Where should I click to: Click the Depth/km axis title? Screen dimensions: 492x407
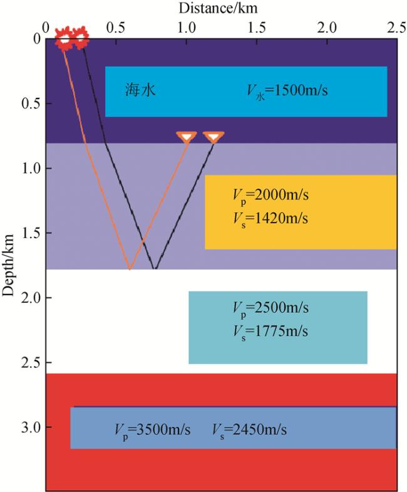coord(9,263)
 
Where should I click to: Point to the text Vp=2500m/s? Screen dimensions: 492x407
coord(270,309)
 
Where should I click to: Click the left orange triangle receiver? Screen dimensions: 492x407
coord(187,137)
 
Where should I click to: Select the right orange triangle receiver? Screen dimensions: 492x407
coord(214,137)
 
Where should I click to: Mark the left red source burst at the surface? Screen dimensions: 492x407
coord(64,38)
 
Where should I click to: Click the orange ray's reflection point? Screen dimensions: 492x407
coord(129,269)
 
